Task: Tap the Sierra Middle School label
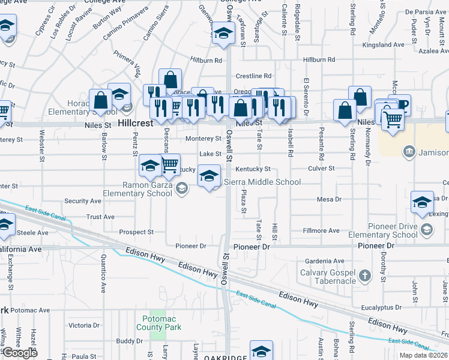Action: point(262,182)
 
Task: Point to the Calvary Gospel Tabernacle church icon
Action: point(364,277)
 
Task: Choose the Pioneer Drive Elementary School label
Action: point(382,230)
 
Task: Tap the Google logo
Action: point(20,353)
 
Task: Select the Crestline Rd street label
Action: point(253,76)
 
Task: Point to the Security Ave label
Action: point(83,202)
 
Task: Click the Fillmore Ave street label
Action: point(321,230)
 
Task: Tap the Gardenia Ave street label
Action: point(325,262)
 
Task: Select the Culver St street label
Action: point(321,169)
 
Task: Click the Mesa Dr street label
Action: point(330,199)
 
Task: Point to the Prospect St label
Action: point(136,232)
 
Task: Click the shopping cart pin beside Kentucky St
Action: point(170,163)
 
